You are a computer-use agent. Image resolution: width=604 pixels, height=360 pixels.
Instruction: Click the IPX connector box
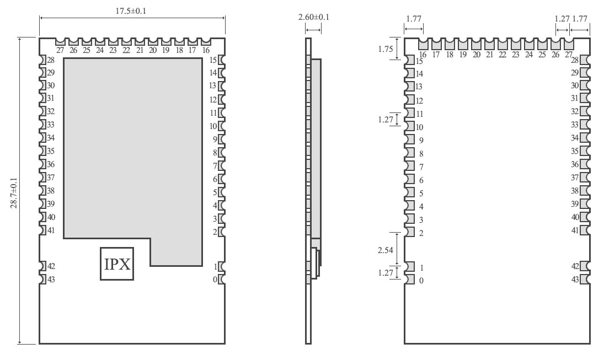click(117, 264)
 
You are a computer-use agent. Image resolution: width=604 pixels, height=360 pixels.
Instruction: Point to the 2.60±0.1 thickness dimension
click(313, 17)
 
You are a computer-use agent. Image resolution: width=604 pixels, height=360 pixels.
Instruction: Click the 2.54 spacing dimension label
click(385, 250)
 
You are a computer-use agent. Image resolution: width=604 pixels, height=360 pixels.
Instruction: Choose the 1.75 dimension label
click(386, 49)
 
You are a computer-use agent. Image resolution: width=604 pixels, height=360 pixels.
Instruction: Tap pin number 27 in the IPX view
click(60, 50)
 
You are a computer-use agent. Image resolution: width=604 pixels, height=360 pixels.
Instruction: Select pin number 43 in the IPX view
click(51, 280)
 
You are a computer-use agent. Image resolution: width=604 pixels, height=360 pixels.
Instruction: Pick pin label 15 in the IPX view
click(213, 60)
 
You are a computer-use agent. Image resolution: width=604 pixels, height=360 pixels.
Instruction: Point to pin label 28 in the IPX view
click(51, 60)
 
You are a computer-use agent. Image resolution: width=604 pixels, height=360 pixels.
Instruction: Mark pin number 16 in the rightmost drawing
click(423, 55)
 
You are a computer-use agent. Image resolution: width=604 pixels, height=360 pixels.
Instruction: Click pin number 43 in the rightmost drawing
click(575, 280)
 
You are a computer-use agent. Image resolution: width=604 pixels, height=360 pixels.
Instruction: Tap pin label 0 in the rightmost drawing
click(421, 281)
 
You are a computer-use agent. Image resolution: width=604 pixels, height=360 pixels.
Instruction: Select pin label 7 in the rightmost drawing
click(421, 167)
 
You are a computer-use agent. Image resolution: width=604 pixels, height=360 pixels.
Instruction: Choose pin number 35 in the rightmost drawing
click(575, 151)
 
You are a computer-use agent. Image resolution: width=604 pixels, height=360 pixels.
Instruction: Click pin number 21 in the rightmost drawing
click(489, 55)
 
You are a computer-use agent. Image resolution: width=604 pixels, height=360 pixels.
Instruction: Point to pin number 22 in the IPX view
click(126, 50)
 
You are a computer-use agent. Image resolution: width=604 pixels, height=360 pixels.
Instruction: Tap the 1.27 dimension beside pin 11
click(386, 120)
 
